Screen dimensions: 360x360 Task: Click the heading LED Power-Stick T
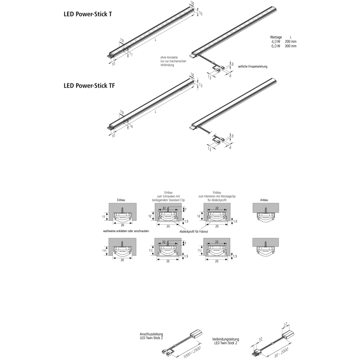pos(87,15)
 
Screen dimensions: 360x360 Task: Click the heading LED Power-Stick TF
pos(89,86)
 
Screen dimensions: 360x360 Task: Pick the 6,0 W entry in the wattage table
pos(276,46)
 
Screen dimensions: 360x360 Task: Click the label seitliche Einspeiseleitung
pos(253,67)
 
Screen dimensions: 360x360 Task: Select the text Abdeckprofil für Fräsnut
pos(194,231)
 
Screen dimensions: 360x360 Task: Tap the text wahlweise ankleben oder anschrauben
pos(126,231)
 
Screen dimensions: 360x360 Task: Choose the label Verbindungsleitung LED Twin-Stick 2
pos(225,341)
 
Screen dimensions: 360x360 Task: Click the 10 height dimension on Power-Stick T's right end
pos(201,13)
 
